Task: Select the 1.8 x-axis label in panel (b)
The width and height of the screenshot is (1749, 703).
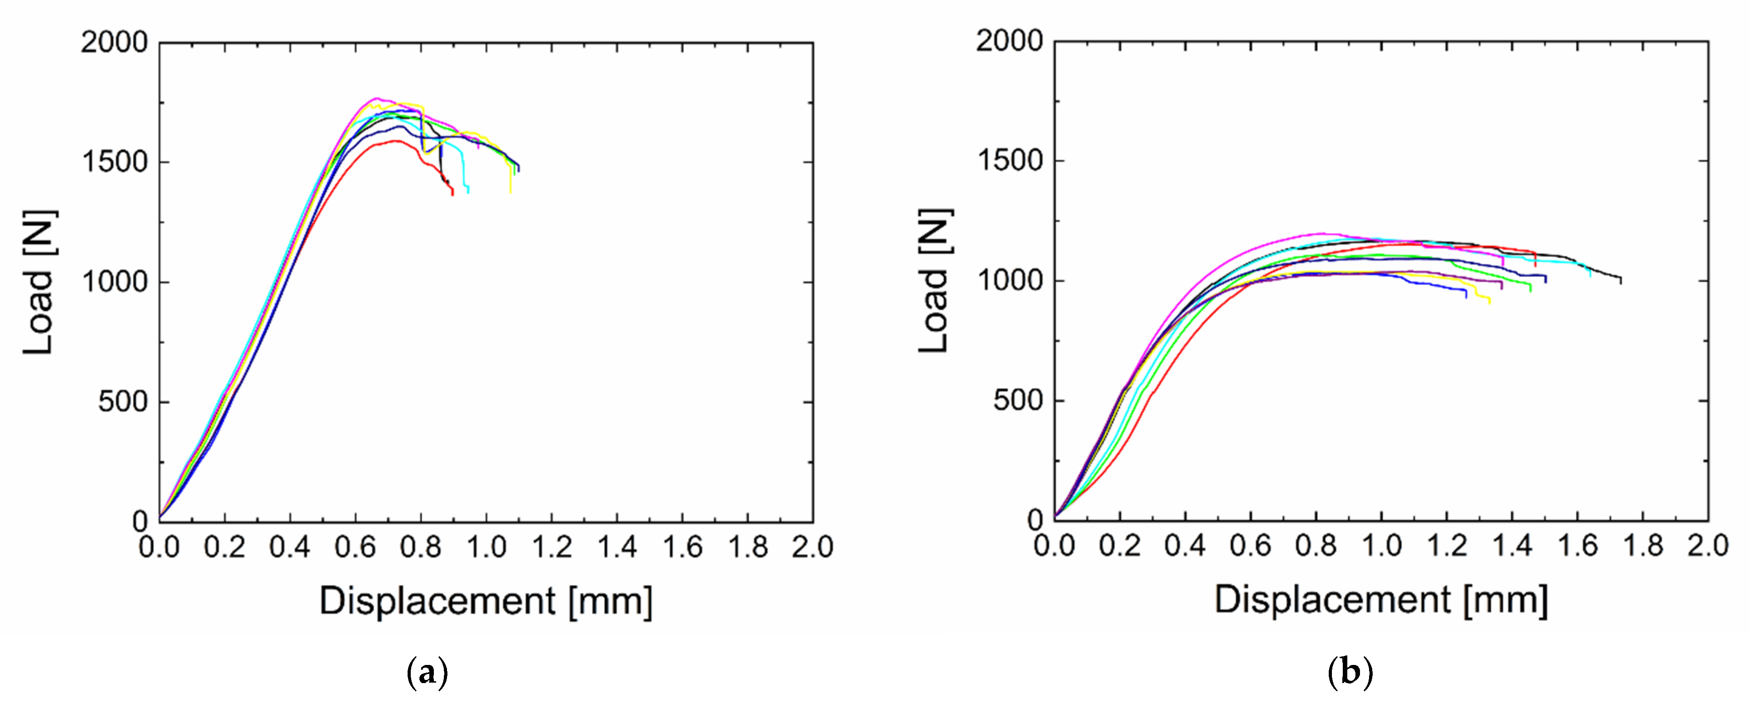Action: [x=1643, y=545]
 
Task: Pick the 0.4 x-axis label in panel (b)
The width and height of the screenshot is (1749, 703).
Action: [x=1185, y=545]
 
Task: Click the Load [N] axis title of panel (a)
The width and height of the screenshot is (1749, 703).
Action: [x=39, y=282]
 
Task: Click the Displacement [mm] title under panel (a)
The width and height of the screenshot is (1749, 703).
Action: [x=485, y=601]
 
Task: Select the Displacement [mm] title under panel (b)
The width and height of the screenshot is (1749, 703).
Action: [x=1381, y=600]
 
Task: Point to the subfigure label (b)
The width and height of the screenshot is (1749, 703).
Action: [x=1350, y=673]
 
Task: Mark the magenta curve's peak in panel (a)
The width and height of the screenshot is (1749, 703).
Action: [x=377, y=98]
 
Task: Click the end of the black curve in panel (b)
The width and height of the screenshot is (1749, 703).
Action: [x=1621, y=283]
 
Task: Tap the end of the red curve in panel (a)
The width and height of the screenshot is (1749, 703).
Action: [x=453, y=195]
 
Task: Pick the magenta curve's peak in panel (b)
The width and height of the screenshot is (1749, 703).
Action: [x=1321, y=234]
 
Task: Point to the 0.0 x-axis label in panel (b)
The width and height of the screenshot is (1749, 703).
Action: [x=1054, y=545]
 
